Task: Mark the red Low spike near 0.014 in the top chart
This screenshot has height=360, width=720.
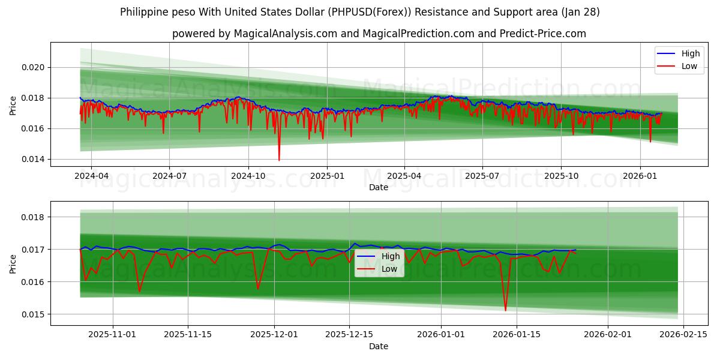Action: coord(279,160)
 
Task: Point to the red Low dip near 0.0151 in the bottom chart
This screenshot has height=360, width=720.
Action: coord(505,310)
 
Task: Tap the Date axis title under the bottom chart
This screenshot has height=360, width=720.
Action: coord(379,346)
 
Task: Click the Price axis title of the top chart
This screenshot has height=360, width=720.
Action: coord(13,106)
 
